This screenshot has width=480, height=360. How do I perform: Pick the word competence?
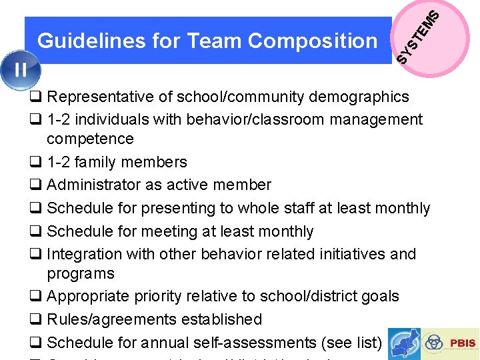(x=90, y=139)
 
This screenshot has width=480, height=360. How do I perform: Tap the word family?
(x=99, y=162)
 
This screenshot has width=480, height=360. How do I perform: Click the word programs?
(x=81, y=273)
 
